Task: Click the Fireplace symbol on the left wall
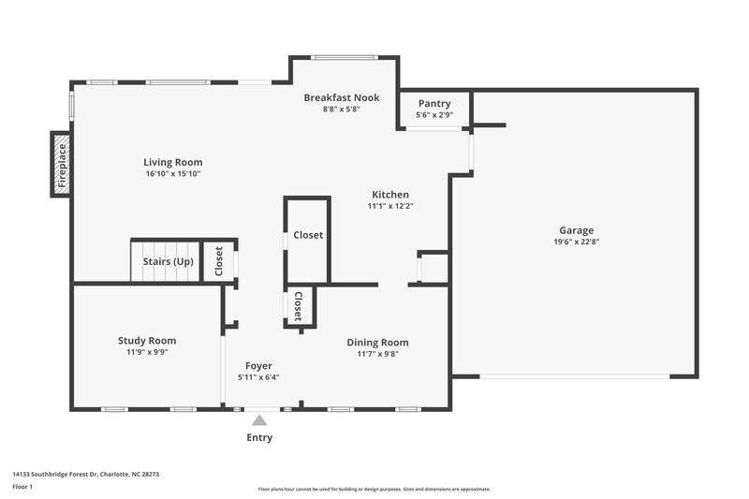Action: coord(61,165)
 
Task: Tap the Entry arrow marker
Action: coord(259,421)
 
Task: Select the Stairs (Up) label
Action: coord(168,261)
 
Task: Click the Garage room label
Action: coord(576,230)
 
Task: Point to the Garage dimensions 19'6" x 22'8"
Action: coord(576,242)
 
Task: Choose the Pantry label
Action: coord(434,103)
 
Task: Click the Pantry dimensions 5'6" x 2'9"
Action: coord(434,115)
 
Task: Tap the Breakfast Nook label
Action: coord(342,97)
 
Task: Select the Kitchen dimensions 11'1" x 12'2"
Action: coord(389,206)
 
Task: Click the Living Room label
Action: coord(172,162)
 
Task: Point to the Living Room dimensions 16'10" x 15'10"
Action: coord(172,174)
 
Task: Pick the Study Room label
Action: coord(147,341)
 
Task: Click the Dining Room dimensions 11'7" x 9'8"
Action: coord(377,354)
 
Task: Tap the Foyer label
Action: coord(258,365)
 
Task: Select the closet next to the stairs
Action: coord(219,261)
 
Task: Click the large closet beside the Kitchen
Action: coord(308,236)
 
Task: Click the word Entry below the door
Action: coord(259,437)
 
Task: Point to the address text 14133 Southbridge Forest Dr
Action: coord(85,475)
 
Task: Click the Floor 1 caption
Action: coord(22,488)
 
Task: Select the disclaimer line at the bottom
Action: coord(374,489)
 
